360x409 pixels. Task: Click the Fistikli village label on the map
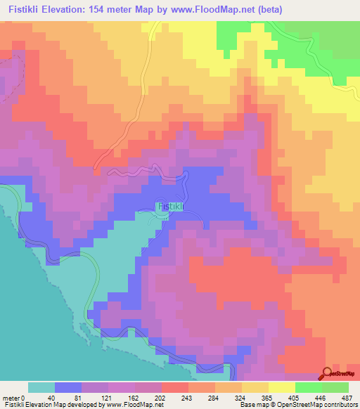point(172,207)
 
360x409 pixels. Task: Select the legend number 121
point(109,397)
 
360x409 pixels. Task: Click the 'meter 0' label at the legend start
point(13,397)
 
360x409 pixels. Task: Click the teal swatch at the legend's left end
point(41,387)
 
